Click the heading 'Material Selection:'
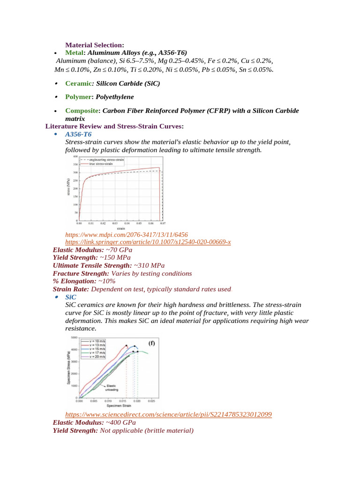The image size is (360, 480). point(94,45)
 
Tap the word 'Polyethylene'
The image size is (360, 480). point(115,97)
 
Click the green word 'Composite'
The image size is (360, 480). point(82,111)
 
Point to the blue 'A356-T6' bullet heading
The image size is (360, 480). point(79,134)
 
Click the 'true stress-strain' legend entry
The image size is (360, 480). point(98,165)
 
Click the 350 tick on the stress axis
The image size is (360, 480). point(75,165)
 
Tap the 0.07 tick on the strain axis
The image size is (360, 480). point(163,224)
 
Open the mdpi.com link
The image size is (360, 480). point(127,234)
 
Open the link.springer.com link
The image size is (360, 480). point(148,242)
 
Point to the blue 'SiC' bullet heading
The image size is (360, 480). point(71,297)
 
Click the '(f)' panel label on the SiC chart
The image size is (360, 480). point(151,343)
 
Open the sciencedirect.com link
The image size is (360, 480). point(168,414)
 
